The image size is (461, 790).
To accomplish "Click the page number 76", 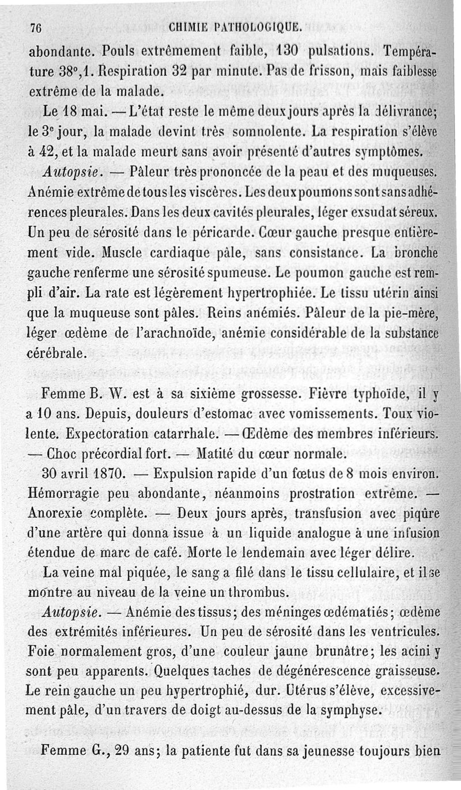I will tap(38, 26).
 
